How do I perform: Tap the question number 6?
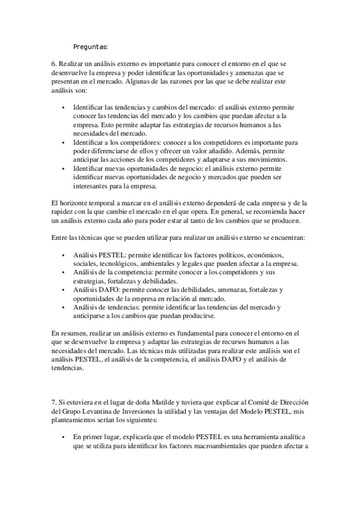53,63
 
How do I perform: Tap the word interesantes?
92,187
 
